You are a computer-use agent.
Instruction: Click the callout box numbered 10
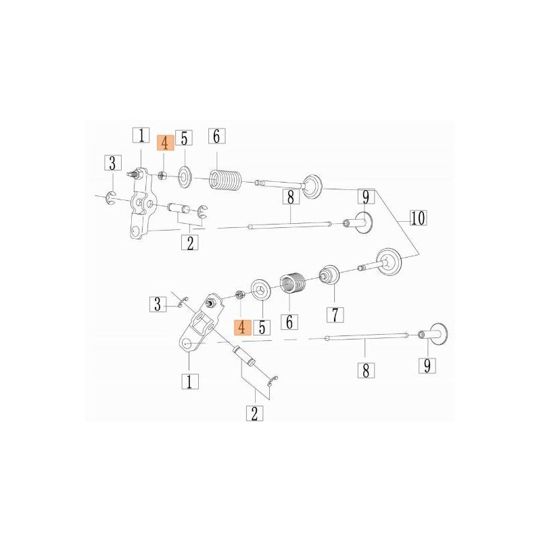click(417, 218)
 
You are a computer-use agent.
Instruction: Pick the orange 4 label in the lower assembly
click(242, 327)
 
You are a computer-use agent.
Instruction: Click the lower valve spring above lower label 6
click(293, 281)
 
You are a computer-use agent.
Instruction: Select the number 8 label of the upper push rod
click(290, 197)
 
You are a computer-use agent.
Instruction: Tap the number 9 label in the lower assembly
click(427, 365)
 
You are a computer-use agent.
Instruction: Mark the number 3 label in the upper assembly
click(113, 162)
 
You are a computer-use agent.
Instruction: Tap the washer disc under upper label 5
click(183, 179)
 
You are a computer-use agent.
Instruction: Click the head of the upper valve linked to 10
click(313, 186)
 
